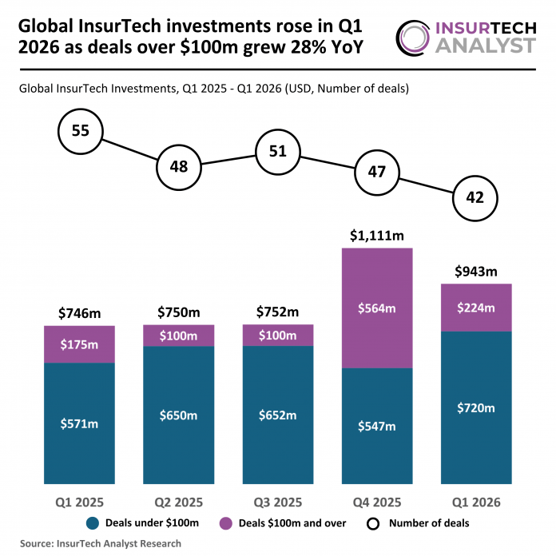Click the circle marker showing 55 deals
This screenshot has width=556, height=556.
[80, 131]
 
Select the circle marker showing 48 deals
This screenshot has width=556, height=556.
[179, 167]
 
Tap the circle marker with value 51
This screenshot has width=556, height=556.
[278, 151]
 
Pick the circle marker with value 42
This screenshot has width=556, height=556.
[475, 198]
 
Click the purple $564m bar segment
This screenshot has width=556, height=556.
[377, 308]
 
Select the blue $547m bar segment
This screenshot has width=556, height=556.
[377, 426]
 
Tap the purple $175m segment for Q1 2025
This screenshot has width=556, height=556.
[80, 344]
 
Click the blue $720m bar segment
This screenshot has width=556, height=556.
[475, 407]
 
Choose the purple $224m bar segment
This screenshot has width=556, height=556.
[475, 308]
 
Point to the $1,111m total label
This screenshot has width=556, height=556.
[377, 236]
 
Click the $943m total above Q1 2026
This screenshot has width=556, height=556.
[475, 272]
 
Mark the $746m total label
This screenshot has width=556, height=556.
[80, 313]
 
